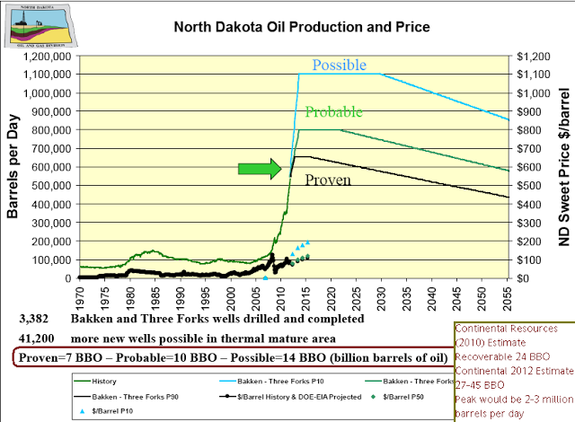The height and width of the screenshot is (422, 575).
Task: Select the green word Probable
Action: click(x=333, y=112)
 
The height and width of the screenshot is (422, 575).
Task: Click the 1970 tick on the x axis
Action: click(x=81, y=295)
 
